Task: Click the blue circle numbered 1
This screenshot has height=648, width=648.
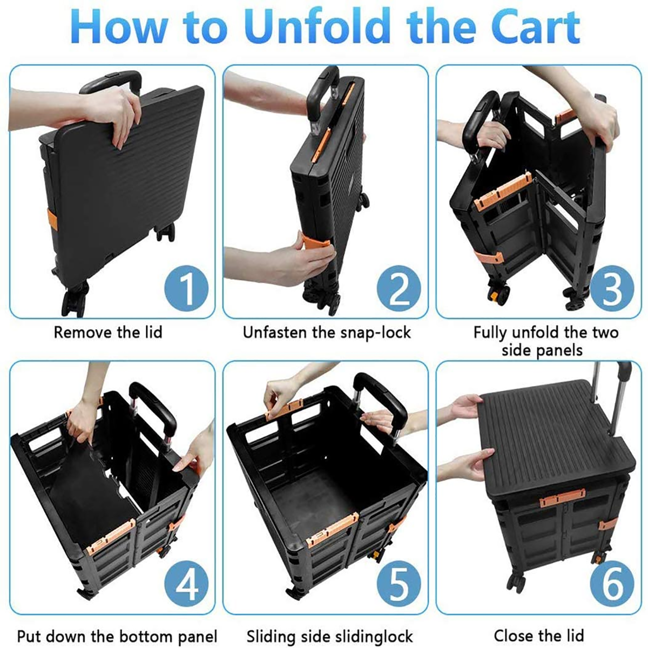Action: tap(186, 288)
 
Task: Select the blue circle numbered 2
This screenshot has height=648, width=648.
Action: tap(400, 288)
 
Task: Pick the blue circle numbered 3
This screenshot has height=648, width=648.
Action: tap(612, 288)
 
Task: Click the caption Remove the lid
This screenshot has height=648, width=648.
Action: tap(107, 332)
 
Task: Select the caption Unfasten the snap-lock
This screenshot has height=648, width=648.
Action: tap(327, 332)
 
